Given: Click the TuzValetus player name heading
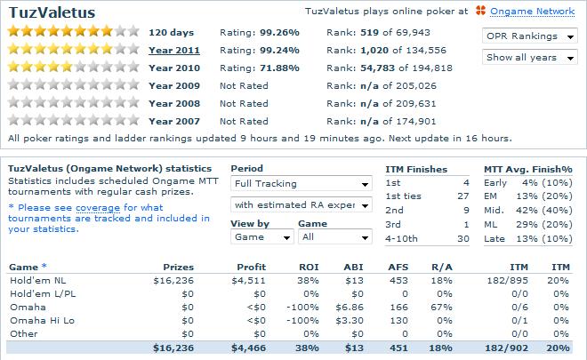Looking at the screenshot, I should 52,12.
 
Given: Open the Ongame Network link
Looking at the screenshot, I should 535,12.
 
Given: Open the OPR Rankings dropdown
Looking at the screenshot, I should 532,36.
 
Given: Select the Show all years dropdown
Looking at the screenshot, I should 532,57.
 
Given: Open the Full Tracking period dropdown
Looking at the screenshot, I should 301,184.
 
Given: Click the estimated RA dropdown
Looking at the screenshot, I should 301,205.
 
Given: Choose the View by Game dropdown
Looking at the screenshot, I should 261,237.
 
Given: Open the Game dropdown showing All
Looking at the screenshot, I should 334,237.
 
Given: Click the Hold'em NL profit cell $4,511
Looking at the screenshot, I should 247,282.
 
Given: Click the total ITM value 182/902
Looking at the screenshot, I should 506,348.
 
